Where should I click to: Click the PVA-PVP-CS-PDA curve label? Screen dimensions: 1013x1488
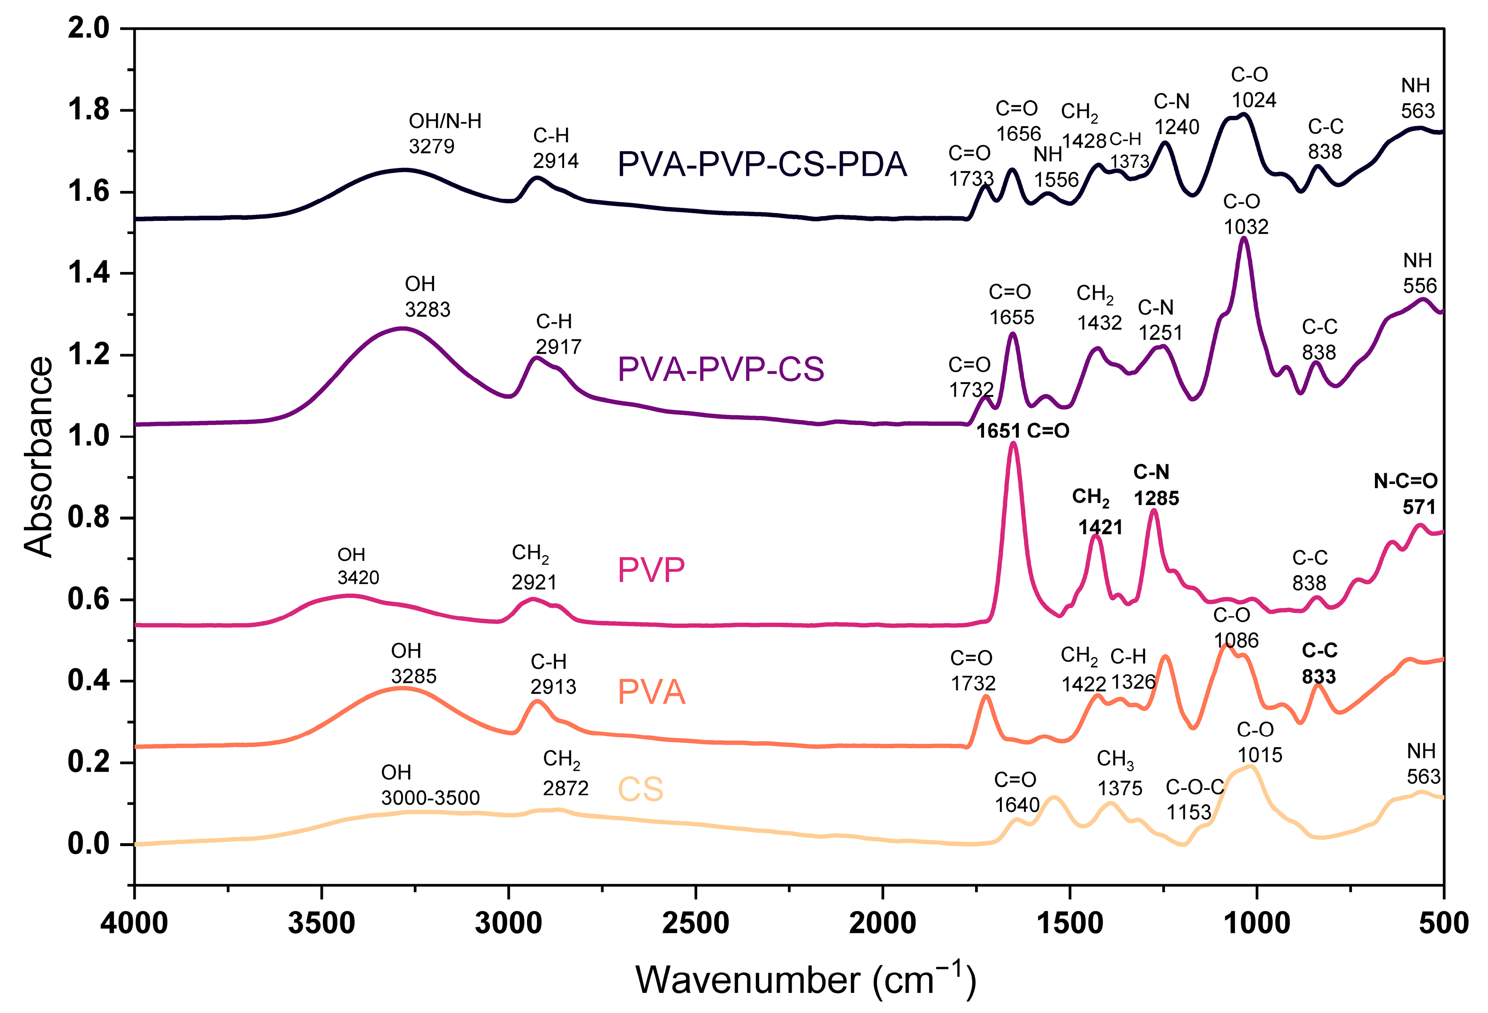pos(762,165)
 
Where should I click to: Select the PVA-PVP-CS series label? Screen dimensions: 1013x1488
pos(720,369)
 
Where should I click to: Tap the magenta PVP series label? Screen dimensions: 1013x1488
pos(651,569)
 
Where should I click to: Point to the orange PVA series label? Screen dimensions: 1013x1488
pos(651,692)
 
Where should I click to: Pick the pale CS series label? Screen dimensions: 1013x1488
pos(640,789)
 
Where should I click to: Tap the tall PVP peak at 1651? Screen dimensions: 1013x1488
pos(1013,445)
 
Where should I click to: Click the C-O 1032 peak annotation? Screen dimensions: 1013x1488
pos(1245,214)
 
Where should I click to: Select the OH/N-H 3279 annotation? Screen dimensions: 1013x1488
pos(444,133)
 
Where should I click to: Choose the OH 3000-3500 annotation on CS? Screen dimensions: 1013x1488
pos(430,785)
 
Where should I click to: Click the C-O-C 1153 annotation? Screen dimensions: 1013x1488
pos(1194,799)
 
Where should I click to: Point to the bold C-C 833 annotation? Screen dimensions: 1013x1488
pos(1319,664)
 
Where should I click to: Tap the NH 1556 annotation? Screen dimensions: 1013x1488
pos(1055,166)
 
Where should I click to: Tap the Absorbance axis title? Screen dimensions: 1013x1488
pos(38,457)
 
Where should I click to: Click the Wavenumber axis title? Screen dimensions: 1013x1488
pos(805,980)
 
